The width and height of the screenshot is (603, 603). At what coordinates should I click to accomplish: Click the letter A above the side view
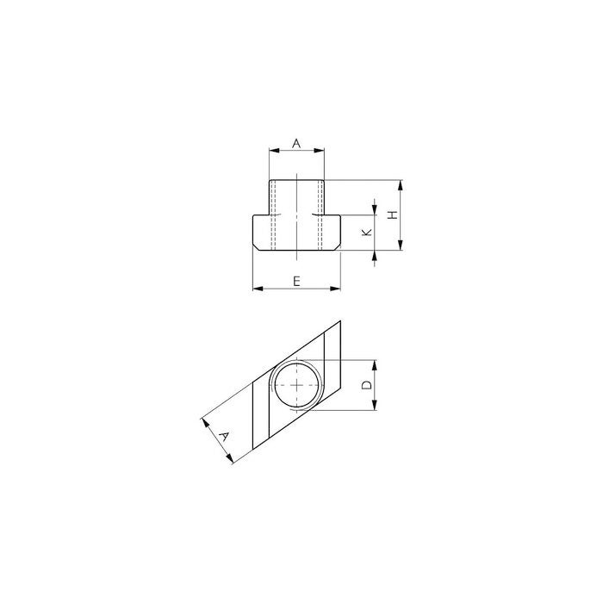(x=296, y=144)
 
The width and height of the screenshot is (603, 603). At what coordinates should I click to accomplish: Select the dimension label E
(x=296, y=282)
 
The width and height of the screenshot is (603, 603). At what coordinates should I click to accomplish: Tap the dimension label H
(x=392, y=215)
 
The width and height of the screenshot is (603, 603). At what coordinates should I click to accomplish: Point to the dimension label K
(x=368, y=232)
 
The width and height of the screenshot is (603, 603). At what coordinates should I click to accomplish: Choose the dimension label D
(x=368, y=384)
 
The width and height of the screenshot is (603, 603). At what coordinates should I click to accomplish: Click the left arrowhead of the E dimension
(x=258, y=289)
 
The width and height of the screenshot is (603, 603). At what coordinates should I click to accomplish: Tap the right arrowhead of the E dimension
(x=335, y=289)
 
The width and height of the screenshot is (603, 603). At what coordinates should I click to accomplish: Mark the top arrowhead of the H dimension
(x=401, y=185)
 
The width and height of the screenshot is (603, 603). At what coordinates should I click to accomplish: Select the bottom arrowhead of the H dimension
(x=401, y=245)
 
